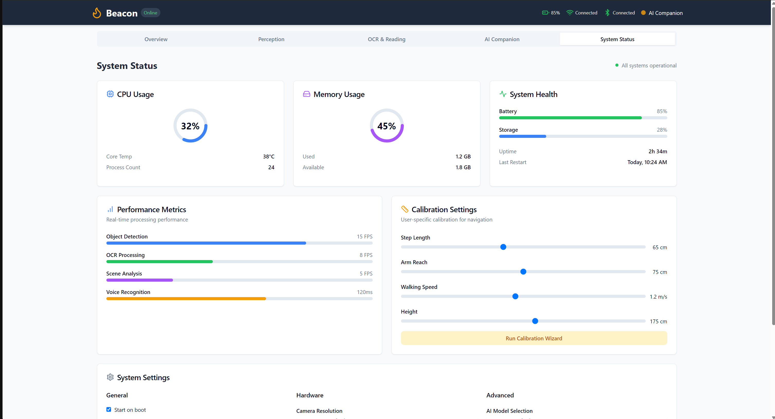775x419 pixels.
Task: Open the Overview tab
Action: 156,39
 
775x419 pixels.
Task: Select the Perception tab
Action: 271,39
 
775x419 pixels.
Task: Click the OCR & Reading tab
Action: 387,39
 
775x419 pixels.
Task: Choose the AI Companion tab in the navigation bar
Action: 502,39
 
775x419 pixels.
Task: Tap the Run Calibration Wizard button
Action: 534,338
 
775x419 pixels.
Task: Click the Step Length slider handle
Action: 503,247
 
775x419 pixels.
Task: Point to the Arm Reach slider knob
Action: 523,272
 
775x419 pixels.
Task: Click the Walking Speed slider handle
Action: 515,297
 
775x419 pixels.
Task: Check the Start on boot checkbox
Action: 109,410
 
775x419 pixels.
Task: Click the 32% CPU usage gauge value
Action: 190,126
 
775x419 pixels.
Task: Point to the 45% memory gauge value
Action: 387,126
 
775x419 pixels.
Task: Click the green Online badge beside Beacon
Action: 150,13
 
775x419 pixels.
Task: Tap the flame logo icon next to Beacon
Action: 97,13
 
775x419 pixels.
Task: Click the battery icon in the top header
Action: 545,13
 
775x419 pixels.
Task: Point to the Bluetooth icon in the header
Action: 607,13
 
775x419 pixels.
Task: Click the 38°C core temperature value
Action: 269,157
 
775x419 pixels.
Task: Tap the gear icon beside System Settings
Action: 110,377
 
